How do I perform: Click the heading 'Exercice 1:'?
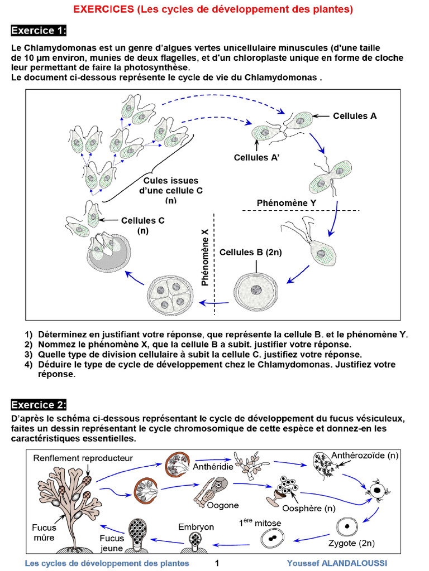39,30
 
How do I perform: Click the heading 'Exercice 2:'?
39,404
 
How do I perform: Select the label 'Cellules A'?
355,116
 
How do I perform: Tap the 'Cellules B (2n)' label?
250,252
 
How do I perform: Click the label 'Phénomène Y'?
286,203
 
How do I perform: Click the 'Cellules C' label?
142,220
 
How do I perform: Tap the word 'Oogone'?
223,505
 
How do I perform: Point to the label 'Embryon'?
196,526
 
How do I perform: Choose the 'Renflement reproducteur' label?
83,458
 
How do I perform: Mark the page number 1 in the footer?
217,563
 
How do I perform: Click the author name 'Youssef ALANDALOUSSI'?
337,563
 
